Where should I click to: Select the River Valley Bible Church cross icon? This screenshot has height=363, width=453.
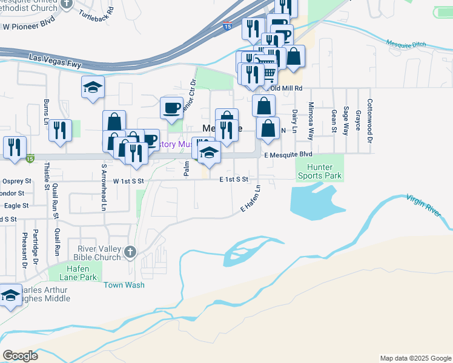[130, 252]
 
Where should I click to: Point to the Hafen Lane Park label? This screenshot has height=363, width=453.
[79, 273]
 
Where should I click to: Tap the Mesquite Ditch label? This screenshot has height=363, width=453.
[406, 44]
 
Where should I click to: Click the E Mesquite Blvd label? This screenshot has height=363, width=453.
[293, 155]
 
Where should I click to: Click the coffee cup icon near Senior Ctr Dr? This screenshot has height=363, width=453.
[171, 108]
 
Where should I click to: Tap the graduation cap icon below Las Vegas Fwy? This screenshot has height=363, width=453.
[93, 88]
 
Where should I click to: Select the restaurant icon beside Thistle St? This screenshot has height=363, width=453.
[60, 130]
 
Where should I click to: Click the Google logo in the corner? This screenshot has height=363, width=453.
[20, 355]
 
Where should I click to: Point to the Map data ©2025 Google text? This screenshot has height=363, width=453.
[415, 358]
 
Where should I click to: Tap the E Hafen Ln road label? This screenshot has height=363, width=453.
[250, 198]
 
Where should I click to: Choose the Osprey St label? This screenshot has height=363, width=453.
[16, 181]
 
